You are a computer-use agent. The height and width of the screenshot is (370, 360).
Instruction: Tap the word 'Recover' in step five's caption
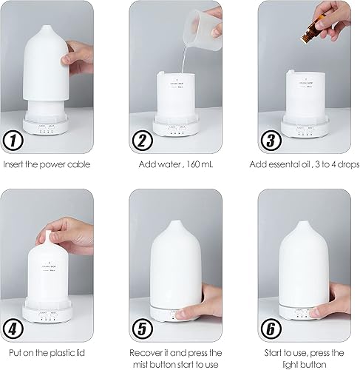[148, 354]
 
